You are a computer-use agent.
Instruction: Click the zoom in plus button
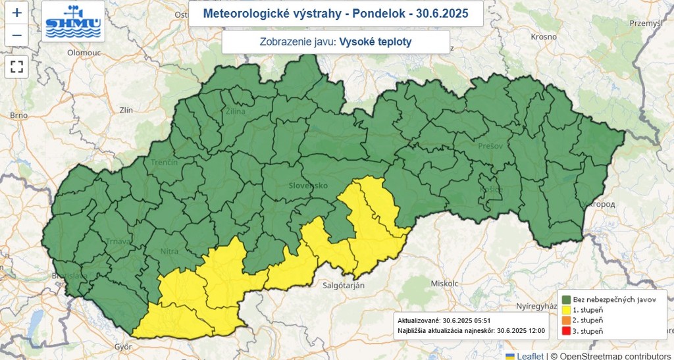(16, 13)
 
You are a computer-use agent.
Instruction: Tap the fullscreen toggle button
(16, 66)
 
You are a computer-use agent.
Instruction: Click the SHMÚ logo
(72, 22)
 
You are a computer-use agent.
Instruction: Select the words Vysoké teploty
(376, 42)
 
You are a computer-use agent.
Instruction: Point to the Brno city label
(18, 115)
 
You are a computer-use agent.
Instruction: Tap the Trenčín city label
(164, 162)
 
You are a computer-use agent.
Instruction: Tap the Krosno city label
(544, 37)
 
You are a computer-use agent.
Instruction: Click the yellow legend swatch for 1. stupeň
(565, 309)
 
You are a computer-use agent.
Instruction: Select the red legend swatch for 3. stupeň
(565, 330)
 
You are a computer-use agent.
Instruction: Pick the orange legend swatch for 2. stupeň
(565, 320)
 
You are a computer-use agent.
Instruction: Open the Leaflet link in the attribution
(529, 355)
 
